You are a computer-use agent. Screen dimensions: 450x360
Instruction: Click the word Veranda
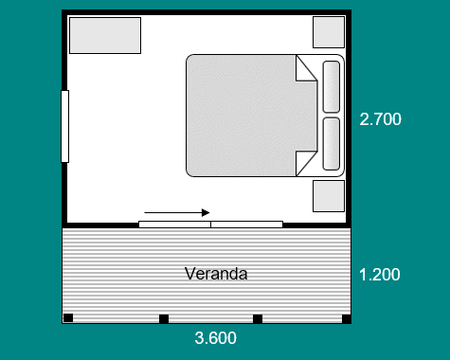(216, 274)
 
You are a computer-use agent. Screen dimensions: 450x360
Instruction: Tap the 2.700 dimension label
(380, 119)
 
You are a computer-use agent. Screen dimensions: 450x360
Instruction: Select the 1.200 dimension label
(380, 275)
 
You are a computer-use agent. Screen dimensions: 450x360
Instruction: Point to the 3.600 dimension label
(216, 338)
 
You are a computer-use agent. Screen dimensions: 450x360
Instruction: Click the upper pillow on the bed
(332, 86)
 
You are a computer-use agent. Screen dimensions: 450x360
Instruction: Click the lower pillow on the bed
(332, 144)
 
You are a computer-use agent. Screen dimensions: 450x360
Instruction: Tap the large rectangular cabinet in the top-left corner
(105, 35)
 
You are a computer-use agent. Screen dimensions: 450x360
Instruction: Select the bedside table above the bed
(329, 32)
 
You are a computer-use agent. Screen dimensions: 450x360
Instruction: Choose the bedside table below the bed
(329, 196)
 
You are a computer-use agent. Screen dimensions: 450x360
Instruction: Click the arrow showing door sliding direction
(177, 213)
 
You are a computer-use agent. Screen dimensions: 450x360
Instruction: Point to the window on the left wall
(64, 126)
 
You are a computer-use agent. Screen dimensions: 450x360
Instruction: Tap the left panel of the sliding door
(175, 225)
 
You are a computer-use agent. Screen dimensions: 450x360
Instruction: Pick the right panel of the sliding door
(246, 225)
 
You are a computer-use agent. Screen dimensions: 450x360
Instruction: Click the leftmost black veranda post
(68, 317)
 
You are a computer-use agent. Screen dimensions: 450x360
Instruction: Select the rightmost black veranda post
(347, 319)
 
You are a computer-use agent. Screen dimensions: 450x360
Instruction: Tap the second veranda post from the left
(164, 319)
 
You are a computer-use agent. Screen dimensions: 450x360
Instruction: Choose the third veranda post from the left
(258, 319)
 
